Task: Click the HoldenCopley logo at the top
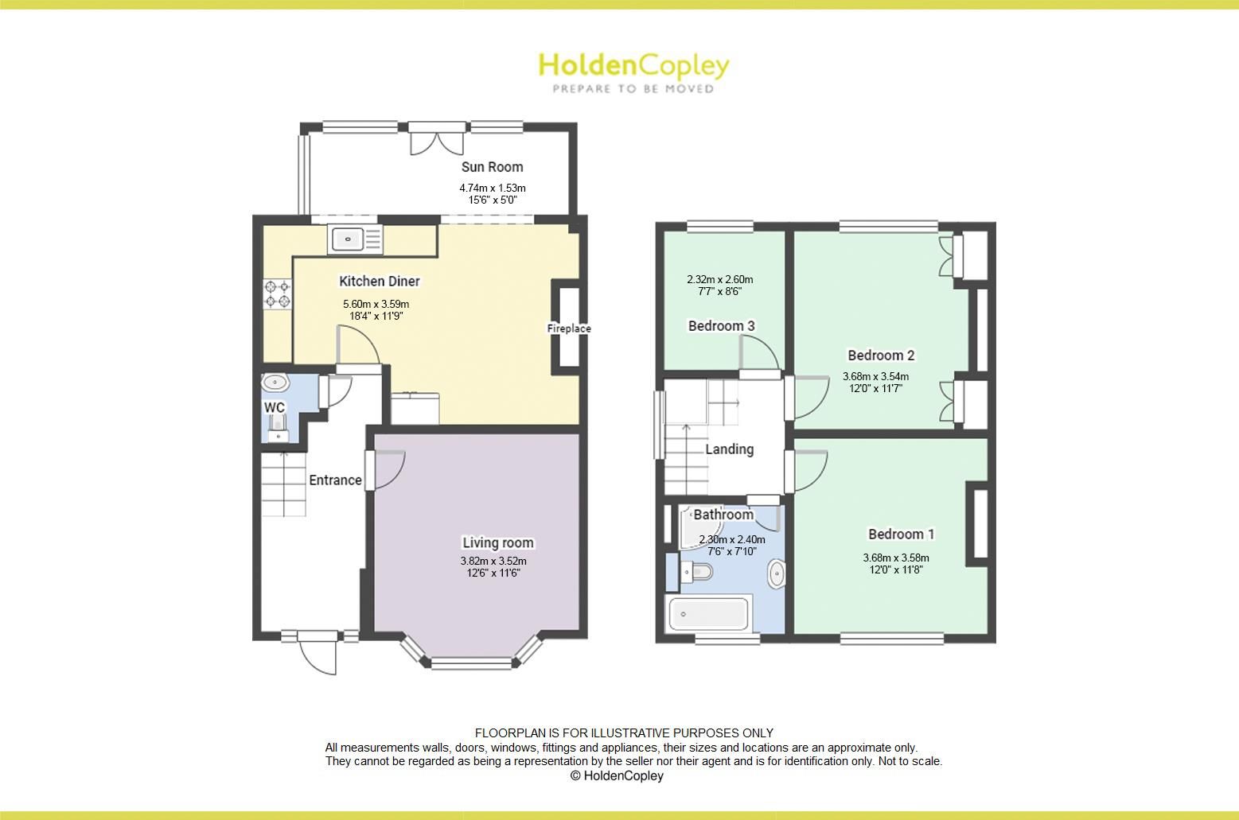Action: (x=633, y=65)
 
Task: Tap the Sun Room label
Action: (x=492, y=167)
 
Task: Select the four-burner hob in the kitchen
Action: (x=277, y=293)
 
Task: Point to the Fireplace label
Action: (x=568, y=328)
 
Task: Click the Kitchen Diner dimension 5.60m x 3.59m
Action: (x=376, y=304)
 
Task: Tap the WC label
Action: (x=275, y=408)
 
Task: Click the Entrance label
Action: (x=335, y=480)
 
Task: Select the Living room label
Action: (x=498, y=543)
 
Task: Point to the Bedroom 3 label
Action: (x=721, y=326)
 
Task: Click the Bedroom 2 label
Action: (x=881, y=356)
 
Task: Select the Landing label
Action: (x=729, y=449)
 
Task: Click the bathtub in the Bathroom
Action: (x=708, y=614)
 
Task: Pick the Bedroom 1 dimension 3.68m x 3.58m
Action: (x=895, y=558)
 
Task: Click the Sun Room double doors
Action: (x=436, y=140)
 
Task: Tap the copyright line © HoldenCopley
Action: (x=616, y=775)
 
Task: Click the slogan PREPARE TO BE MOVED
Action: (x=633, y=88)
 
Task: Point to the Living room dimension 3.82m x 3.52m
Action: (x=493, y=561)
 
